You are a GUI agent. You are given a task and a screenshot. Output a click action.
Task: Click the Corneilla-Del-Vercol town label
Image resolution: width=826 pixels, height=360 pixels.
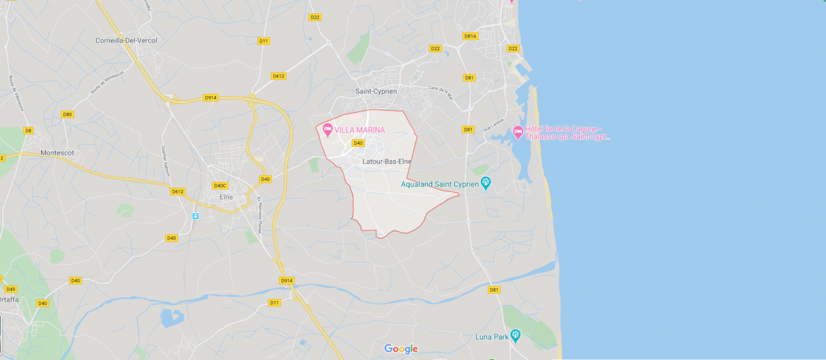(x=126, y=40)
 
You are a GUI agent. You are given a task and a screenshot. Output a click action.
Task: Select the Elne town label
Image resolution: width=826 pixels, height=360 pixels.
(x=226, y=197)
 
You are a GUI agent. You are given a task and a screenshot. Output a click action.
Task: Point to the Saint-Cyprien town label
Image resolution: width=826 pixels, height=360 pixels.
(x=376, y=91)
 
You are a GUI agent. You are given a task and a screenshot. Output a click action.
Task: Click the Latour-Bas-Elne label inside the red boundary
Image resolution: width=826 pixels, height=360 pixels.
(x=386, y=162)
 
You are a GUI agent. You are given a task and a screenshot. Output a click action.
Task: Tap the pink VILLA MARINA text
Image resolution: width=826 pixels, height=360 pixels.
(x=359, y=130)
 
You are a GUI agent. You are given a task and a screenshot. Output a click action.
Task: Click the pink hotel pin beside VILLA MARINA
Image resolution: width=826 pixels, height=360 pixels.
(x=328, y=129)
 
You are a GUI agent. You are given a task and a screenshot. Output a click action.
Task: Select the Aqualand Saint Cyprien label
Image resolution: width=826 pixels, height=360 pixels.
(x=440, y=184)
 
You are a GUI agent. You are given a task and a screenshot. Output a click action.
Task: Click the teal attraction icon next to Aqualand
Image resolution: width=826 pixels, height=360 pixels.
(x=486, y=184)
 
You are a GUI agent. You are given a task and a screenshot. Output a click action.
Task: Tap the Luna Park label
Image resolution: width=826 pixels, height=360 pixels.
(x=492, y=337)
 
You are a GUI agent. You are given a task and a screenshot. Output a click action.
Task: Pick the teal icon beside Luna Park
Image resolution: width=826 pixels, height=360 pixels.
(x=515, y=335)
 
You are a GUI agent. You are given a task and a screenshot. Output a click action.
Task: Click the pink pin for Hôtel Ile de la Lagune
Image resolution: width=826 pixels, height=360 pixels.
(x=517, y=131)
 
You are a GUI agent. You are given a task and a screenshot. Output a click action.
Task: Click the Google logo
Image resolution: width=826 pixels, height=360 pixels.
(x=401, y=349)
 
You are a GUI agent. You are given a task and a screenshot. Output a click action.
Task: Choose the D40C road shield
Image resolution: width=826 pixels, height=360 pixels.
(x=220, y=186)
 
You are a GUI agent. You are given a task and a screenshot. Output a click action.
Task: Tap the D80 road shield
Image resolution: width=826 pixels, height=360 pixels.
(x=68, y=114)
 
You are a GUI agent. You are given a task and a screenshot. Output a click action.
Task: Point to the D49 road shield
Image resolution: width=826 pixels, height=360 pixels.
(x=11, y=289)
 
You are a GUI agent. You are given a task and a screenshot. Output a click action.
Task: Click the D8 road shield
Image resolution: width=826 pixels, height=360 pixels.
(x=29, y=130)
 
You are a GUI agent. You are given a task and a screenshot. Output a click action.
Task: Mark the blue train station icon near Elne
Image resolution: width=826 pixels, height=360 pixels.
(x=195, y=216)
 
